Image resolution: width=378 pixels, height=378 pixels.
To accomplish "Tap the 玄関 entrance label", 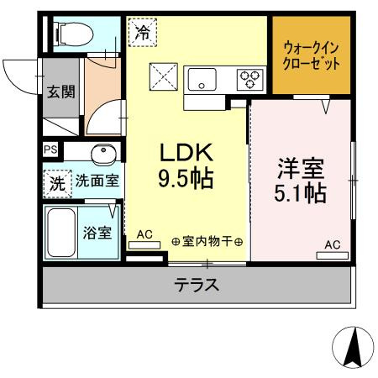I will pos(60,91).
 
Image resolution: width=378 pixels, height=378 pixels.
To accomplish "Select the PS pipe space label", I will pos(51,151).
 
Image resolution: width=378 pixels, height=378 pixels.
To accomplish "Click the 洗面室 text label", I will pos(95,180).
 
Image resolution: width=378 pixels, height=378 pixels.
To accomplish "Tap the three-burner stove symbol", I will pos(249,79).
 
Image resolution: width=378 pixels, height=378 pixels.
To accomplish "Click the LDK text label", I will pos(190,153).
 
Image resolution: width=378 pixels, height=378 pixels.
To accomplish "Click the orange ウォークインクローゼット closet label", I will pos(312,55).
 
